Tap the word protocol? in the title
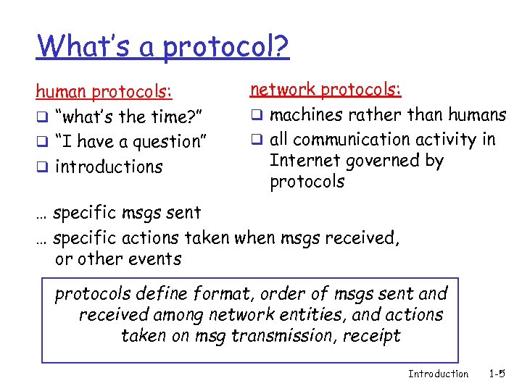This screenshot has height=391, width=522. [x=225, y=48]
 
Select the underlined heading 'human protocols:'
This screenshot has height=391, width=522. [x=104, y=92]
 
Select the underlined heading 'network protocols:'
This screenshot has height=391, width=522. [x=326, y=90]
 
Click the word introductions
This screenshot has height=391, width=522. [x=109, y=167]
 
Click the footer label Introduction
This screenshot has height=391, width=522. [x=438, y=374]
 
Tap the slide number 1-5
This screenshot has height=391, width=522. [x=497, y=374]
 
